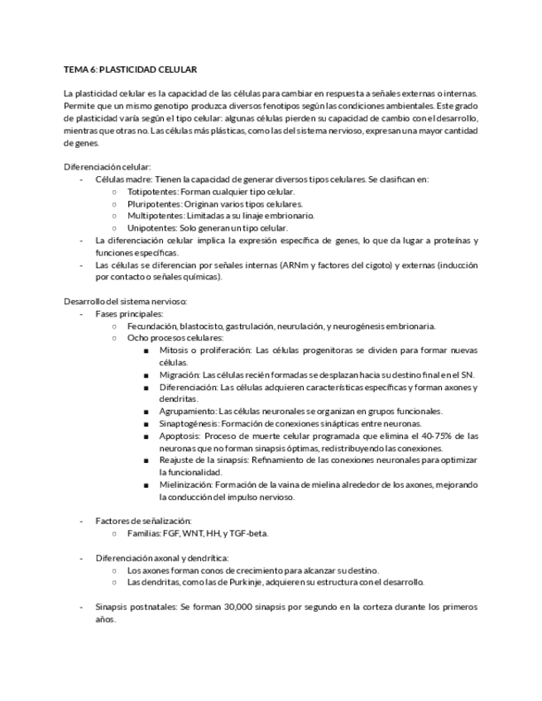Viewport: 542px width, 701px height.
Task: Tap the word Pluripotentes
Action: (153, 203)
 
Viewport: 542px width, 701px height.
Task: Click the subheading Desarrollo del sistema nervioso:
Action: (126, 301)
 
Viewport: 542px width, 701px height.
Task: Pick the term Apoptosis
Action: (180, 436)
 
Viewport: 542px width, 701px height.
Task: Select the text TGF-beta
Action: (249, 533)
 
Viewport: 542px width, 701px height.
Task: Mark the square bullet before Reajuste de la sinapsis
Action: (146, 460)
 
